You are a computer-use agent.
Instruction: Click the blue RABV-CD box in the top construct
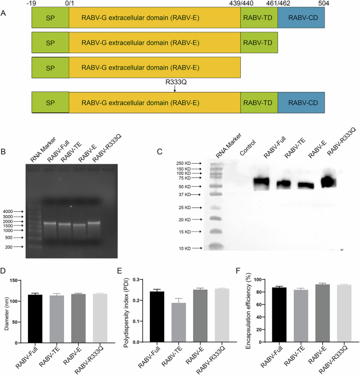301,19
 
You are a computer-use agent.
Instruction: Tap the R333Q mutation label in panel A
175,81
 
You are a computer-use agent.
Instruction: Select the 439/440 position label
240,3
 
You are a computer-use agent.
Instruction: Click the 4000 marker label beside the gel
11,211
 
